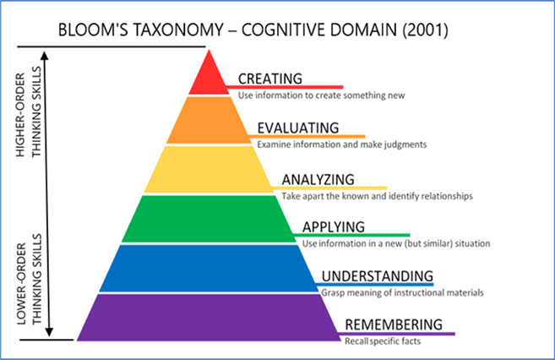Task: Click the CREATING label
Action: pyautogui.click(x=270, y=79)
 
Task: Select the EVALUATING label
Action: pyautogui.click(x=298, y=128)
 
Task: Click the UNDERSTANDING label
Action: pyautogui.click(x=377, y=276)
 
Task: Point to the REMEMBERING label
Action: pyautogui.click(x=393, y=325)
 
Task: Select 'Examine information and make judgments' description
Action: pyautogui.click(x=342, y=144)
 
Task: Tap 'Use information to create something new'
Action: pyautogui.click(x=321, y=95)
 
